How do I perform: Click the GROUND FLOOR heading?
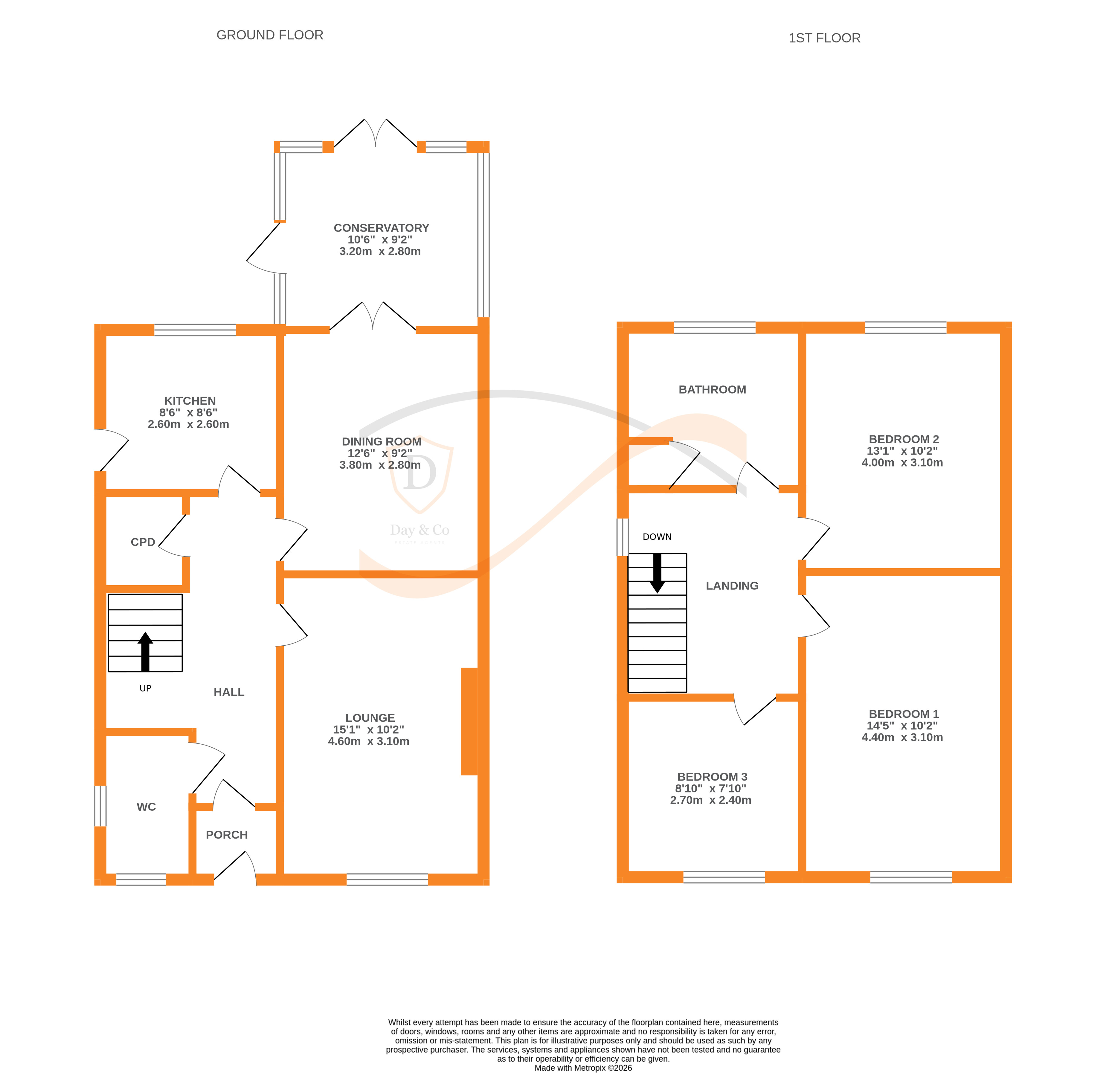coord(270,35)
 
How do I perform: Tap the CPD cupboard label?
coord(143,542)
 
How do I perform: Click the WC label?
coord(146,807)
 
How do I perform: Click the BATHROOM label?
coord(712,389)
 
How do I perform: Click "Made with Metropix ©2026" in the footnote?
coord(583,1067)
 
